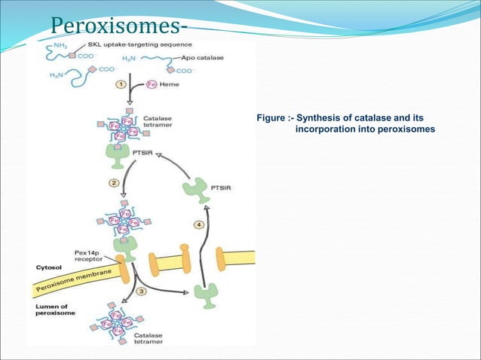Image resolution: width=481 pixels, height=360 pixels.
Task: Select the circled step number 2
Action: pyautogui.click(x=115, y=182)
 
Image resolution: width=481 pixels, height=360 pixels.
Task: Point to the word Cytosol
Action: pyautogui.click(x=49, y=267)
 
